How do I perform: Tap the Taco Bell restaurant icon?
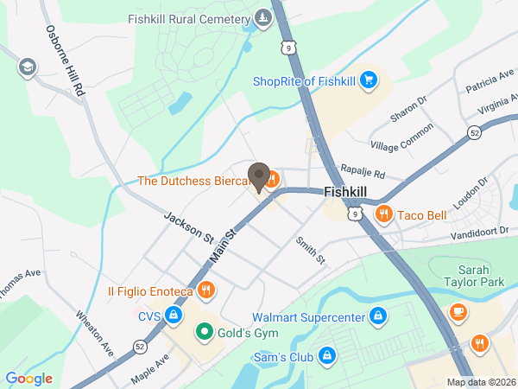pos(383,213)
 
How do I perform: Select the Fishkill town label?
pos(347,194)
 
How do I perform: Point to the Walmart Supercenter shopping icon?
pos(376,316)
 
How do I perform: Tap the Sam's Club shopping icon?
pos(326,355)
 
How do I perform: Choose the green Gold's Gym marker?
pos(205,331)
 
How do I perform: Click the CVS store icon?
pos(174,316)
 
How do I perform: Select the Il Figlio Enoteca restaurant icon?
pos(205,290)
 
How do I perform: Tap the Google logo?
pos(28,378)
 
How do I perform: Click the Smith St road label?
pos(310,250)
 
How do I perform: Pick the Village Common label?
pos(401,137)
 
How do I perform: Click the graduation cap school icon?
pos(28,67)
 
